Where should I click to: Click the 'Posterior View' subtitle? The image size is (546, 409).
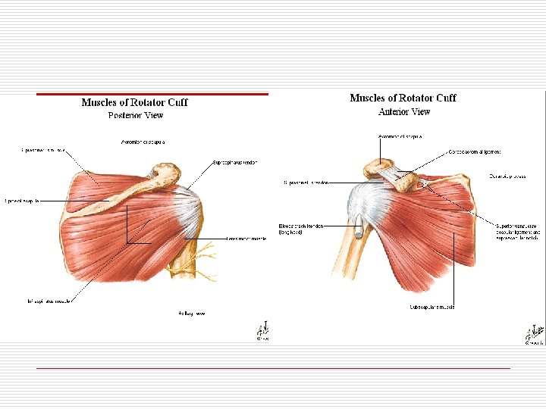135,115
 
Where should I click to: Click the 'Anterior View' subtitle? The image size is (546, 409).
404,111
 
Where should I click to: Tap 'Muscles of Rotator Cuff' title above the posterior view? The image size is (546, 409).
134,102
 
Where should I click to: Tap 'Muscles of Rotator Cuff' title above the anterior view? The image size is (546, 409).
403,98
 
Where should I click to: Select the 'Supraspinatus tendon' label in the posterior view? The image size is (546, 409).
240,162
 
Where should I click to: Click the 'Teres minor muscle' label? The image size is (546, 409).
247,238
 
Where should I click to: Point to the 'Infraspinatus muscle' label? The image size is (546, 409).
48,301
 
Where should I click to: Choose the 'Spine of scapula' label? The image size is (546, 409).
21,201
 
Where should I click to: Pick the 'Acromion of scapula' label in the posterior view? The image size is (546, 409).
144,142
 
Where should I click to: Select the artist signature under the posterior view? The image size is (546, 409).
262,331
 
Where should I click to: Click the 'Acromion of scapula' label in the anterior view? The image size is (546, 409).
400,136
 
